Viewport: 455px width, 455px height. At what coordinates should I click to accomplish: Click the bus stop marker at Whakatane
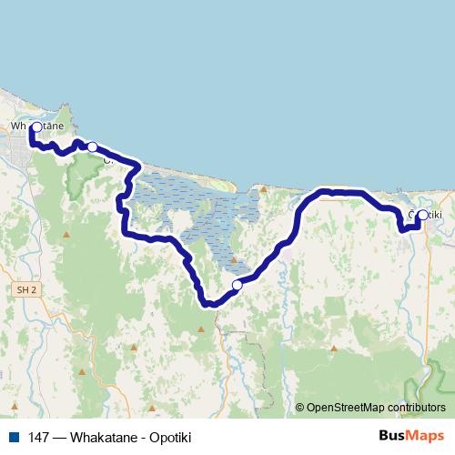click(x=36, y=128)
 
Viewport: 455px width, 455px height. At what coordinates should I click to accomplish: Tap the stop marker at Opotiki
click(x=422, y=215)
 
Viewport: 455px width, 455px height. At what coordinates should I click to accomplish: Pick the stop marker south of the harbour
click(x=238, y=285)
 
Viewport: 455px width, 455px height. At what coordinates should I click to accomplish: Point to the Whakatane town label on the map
click(x=36, y=125)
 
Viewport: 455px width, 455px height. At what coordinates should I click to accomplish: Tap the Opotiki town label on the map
click(x=426, y=215)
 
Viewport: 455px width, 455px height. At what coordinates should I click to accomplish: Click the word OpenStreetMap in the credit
click(x=345, y=408)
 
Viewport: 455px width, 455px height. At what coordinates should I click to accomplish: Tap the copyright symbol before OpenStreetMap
click(x=300, y=408)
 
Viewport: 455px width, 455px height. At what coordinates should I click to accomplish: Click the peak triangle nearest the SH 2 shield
click(x=66, y=238)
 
